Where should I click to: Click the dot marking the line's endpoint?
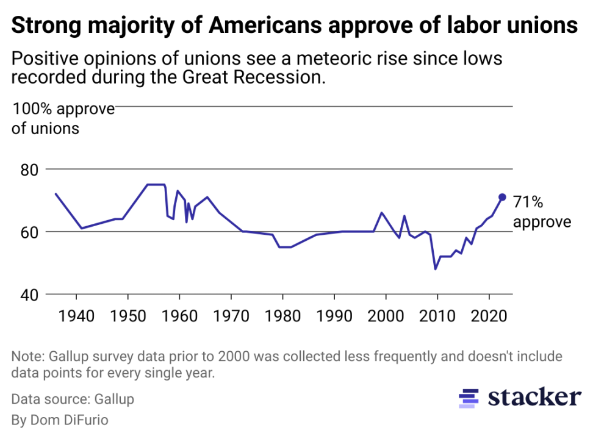click(502, 197)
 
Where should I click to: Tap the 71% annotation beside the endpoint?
click(528, 202)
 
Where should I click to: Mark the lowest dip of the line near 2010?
click(436, 269)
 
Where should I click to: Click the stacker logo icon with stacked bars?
click(469, 399)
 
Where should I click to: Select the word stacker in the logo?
click(534, 398)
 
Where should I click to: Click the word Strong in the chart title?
click(41, 26)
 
